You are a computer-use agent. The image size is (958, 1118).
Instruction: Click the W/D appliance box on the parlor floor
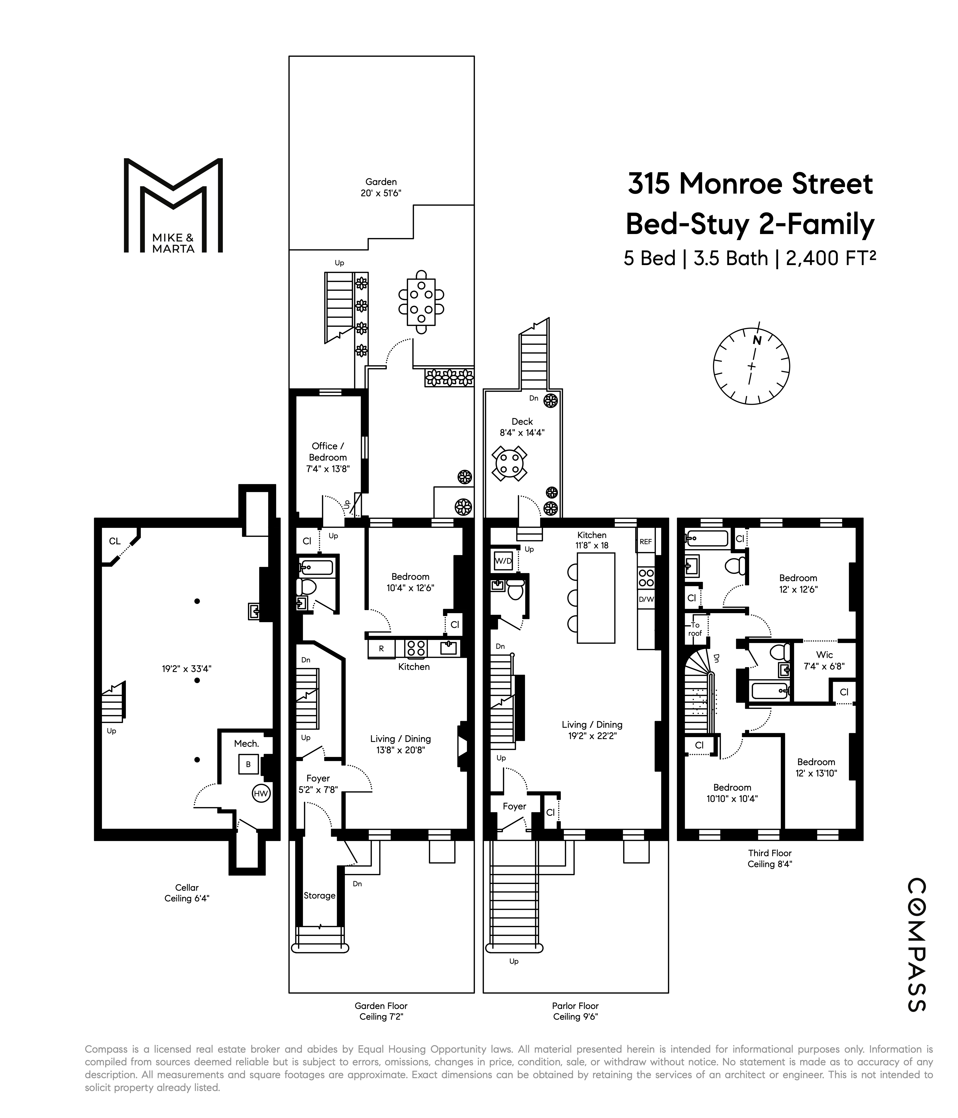pos(503,561)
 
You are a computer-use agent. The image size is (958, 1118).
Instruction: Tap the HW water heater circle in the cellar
pos(261,793)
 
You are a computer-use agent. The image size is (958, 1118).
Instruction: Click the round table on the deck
pos(509,463)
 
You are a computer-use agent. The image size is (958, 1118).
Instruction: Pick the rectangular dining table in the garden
pos(421,302)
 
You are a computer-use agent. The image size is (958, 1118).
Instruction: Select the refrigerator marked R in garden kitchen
pos(381,649)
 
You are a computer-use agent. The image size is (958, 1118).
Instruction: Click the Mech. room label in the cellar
pos(247,743)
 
